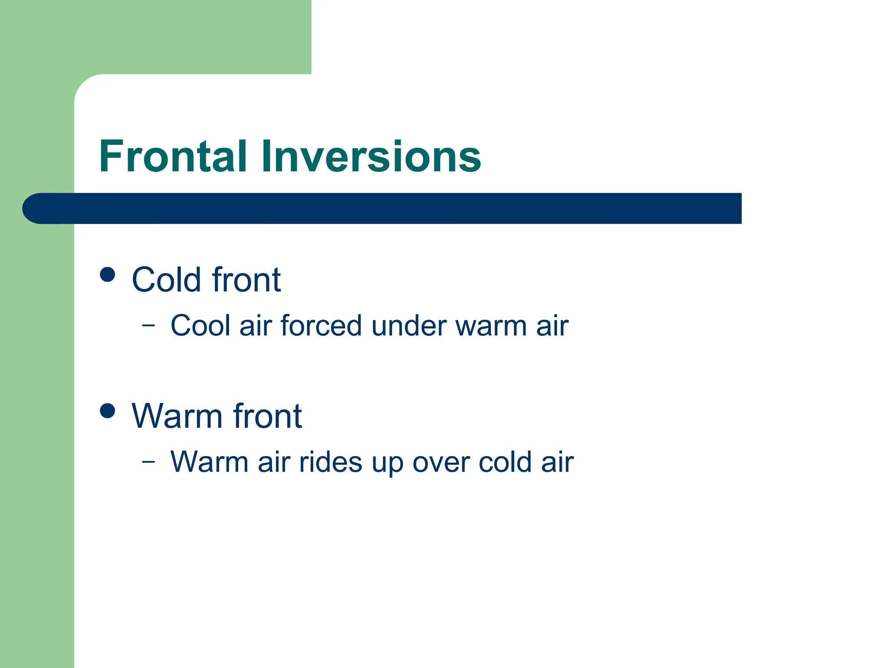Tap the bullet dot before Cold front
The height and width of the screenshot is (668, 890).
(x=107, y=274)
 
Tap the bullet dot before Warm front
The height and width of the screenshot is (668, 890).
(x=107, y=411)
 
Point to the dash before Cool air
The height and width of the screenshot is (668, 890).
(x=148, y=325)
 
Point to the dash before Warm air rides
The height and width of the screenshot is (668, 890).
(x=148, y=461)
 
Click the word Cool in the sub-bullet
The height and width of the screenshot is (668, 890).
(x=200, y=326)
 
